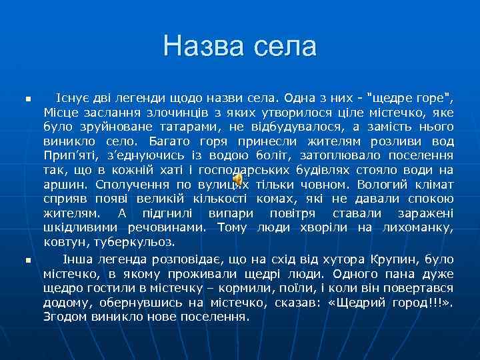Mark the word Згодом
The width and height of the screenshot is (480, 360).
tap(63, 317)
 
